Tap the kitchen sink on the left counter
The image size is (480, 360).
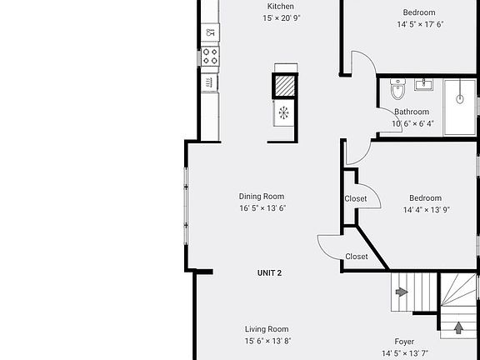click(x=210, y=32)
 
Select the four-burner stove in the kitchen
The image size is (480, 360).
click(x=210, y=56)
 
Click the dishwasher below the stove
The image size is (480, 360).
click(x=209, y=82)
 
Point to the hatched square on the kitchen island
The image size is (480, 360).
click(x=285, y=86)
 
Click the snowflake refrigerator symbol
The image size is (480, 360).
click(x=283, y=112)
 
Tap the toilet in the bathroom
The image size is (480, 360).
click(x=397, y=89)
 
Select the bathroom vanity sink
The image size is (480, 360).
click(x=423, y=83)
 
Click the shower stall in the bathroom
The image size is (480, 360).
click(x=459, y=107)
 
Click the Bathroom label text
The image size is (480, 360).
click(x=412, y=112)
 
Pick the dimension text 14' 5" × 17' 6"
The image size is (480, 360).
click(x=419, y=24)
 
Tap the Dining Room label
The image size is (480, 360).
click(x=262, y=197)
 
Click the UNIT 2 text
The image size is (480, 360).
click(x=269, y=273)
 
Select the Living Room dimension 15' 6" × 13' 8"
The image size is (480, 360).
click(x=267, y=341)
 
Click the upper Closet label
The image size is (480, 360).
click(x=356, y=198)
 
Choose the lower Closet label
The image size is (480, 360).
click(x=357, y=257)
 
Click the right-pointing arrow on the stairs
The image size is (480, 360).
click(x=402, y=292)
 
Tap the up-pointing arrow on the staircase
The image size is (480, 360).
click(x=458, y=327)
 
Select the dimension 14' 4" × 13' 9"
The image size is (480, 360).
click(x=425, y=210)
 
